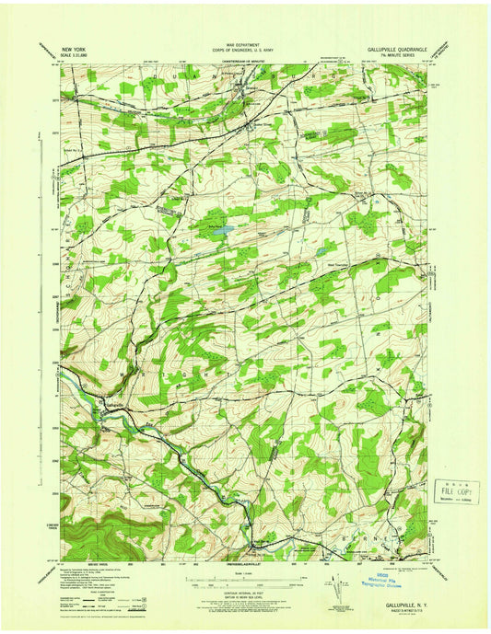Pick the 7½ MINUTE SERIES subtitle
(406, 50)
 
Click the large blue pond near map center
(217, 233)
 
